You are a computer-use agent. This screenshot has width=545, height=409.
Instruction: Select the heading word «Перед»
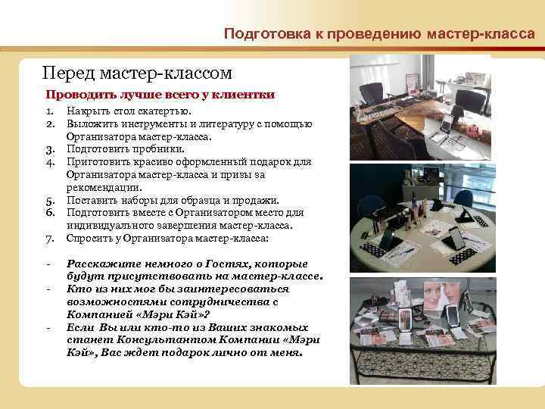[67, 73]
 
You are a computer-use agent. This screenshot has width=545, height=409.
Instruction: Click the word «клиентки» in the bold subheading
[245, 95]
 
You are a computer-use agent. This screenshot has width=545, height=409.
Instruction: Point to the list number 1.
[49, 112]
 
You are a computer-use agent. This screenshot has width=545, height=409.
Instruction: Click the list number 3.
[49, 150]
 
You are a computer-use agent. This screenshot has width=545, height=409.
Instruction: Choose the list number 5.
[49, 201]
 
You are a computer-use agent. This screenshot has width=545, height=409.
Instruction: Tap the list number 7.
[49, 239]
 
